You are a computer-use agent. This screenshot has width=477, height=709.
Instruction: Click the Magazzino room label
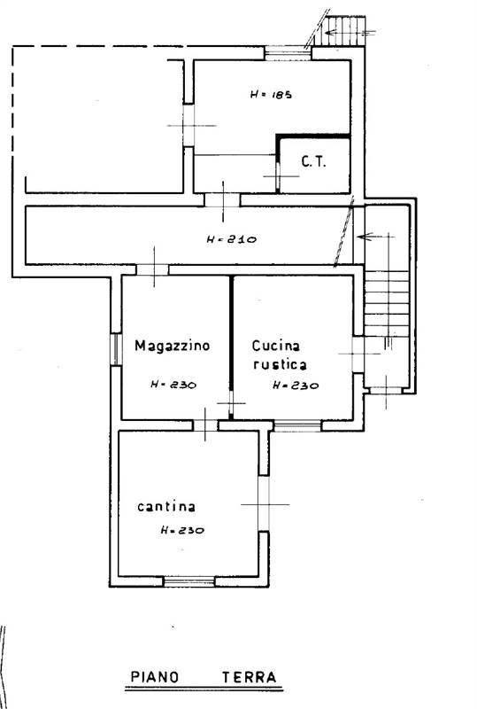tap(172, 346)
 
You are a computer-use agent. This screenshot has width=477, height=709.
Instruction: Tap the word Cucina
tap(275, 346)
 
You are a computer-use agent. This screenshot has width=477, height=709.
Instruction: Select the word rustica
tap(280, 364)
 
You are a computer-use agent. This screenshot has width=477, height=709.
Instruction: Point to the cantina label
tap(166, 506)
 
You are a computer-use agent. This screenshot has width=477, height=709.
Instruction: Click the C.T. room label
tap(313, 162)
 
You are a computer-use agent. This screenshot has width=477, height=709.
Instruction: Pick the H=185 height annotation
tap(271, 95)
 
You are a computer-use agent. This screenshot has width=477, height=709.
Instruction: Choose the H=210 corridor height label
tap(232, 239)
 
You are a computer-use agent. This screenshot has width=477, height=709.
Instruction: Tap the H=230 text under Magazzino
tap(173, 385)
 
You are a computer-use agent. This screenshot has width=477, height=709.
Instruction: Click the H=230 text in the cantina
tap(182, 530)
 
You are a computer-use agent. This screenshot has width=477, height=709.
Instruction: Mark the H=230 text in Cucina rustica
tap(296, 386)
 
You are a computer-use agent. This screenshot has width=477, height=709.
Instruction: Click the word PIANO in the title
tap(155, 677)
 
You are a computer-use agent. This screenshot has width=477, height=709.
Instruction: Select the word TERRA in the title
tap(249, 677)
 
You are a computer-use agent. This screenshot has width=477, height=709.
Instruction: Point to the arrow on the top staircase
tap(350, 32)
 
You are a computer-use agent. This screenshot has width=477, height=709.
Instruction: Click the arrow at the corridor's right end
tap(375, 236)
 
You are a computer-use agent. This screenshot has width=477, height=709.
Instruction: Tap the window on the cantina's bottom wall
tap(188, 581)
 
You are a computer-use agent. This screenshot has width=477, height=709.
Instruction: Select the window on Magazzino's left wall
tap(116, 349)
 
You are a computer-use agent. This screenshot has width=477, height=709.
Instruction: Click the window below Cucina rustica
tap(297, 425)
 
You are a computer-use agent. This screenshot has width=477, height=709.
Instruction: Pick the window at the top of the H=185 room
tap(288, 53)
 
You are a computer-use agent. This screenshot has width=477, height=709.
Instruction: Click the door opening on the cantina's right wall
tap(264, 503)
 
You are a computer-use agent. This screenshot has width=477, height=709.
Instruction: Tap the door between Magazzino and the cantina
tap(205, 425)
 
